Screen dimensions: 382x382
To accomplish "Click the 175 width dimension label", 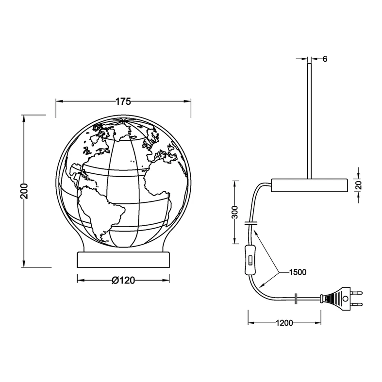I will click(x=123, y=101).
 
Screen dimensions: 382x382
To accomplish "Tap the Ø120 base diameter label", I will click(x=123, y=280).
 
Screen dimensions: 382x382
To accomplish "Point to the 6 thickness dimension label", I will click(x=325, y=59).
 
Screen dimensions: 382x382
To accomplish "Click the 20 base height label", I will click(x=359, y=185).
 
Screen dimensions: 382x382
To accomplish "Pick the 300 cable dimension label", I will click(x=235, y=212).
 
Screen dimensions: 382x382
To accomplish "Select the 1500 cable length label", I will click(x=297, y=272).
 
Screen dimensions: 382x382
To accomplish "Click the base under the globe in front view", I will click(x=123, y=259).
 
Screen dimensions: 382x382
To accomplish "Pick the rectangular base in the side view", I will click(x=310, y=184).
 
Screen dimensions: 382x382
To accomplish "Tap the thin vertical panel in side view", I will click(x=308, y=116).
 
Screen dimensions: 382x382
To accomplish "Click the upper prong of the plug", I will click(x=356, y=292).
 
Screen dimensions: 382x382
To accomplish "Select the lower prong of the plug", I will click(x=356, y=304).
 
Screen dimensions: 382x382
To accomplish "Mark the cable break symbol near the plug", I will click(x=297, y=299).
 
